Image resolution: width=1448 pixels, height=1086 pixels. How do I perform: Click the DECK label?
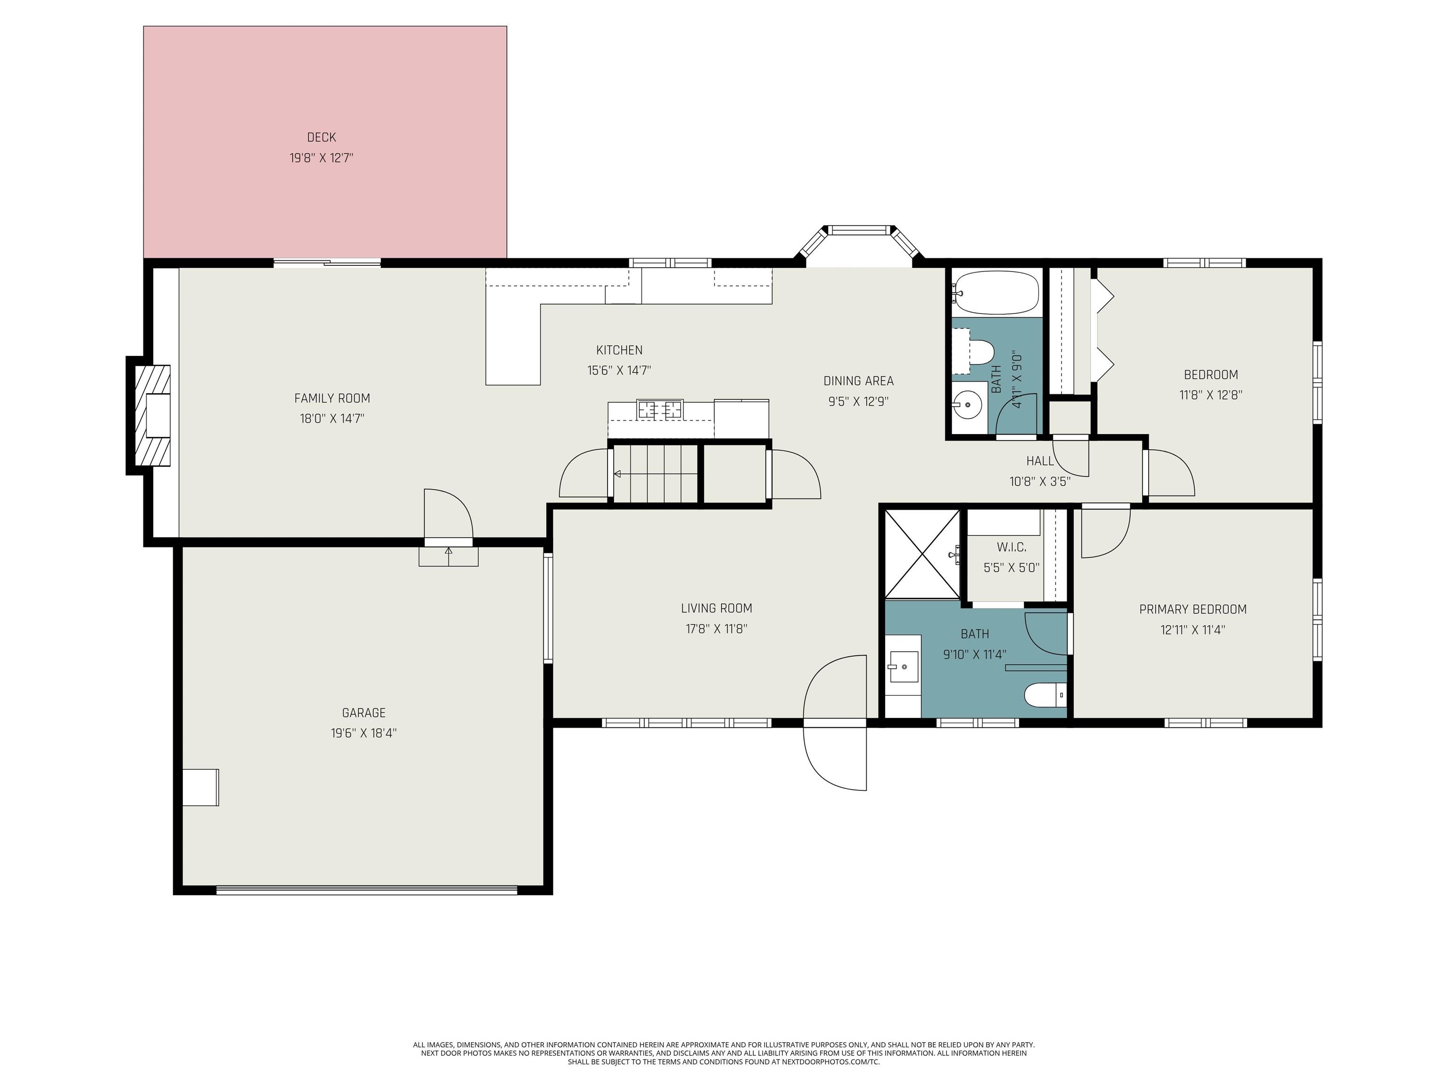pos(321,138)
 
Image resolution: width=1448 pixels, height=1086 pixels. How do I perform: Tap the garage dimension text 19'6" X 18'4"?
pos(364,733)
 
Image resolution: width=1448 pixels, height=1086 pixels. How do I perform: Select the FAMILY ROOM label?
pos(332,398)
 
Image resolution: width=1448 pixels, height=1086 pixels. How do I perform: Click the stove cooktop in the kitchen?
pos(660,409)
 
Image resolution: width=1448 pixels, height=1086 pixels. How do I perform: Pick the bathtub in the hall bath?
pos(995,293)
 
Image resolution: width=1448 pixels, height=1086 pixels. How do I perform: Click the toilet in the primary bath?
pos(1045,695)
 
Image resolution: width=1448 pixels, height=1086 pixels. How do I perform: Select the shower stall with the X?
pos(921,553)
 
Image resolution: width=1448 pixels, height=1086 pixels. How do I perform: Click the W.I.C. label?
pos(1012,547)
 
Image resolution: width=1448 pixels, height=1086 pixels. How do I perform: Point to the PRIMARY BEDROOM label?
pos(1193,609)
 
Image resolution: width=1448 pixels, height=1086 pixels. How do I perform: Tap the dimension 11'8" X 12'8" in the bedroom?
pos(1211,395)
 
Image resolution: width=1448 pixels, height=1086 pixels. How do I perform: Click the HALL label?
pos(1040,461)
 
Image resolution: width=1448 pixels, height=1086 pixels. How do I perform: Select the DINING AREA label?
pos(858,381)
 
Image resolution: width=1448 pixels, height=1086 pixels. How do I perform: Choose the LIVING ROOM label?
pos(716,608)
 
